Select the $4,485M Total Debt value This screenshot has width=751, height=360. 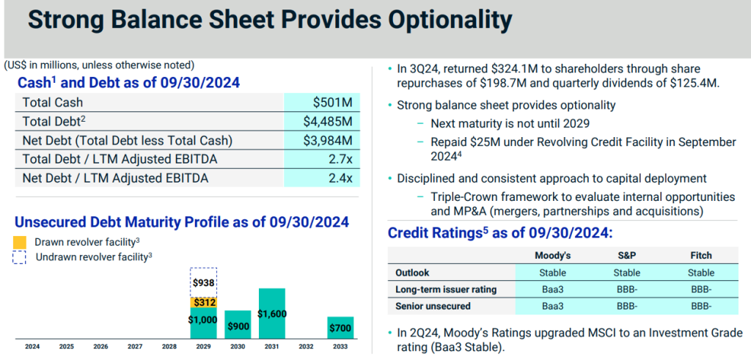coord(328,122)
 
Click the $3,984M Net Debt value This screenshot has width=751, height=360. coord(328,140)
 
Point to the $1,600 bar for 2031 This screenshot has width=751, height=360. coord(271,313)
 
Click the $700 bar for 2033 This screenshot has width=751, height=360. coord(340,327)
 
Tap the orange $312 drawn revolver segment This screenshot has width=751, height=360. coord(203,302)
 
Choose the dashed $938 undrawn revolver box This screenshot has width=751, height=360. coord(203,282)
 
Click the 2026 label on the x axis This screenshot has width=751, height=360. coord(100,346)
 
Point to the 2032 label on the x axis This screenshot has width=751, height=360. coord(306,346)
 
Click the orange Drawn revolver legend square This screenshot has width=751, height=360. coord(20,242)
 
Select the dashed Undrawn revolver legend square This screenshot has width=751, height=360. coord(20,257)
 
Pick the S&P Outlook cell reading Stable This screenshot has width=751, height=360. coord(627,273)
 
